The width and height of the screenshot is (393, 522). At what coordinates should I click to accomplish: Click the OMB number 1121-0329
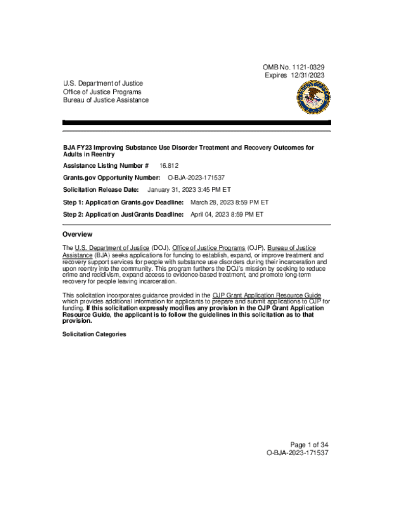coord(293,67)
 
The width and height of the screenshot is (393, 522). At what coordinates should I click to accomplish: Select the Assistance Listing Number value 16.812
coord(169,166)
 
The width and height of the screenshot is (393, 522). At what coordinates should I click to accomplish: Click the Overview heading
coord(78,234)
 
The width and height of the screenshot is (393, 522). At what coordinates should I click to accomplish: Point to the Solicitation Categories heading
coord(94,334)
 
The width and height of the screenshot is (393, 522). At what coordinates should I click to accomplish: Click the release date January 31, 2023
coord(189,190)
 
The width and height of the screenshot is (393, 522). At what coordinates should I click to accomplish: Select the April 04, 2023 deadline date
coord(227,215)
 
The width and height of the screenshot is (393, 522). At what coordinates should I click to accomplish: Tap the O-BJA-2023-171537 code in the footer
coord(297,453)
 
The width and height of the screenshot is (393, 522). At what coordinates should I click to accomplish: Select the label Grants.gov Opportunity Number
coord(112,177)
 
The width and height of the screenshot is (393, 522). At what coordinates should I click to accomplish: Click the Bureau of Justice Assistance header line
coord(106,100)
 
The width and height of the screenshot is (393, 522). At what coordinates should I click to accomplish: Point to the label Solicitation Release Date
coord(101,190)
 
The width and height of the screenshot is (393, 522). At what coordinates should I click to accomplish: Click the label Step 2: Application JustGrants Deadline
coord(123,215)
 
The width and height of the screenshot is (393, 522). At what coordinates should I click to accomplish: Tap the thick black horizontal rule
coord(196,123)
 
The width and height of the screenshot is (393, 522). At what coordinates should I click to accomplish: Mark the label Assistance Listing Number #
coord(106,166)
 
